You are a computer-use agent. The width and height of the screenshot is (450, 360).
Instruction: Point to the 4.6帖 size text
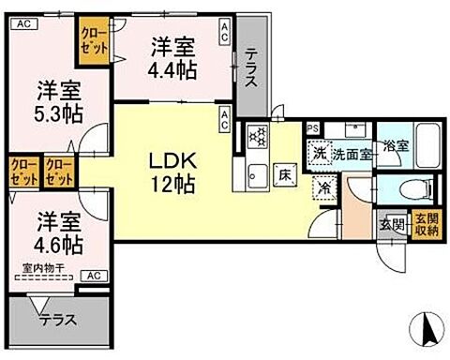[59, 247]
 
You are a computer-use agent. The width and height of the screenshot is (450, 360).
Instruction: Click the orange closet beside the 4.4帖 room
[92, 42]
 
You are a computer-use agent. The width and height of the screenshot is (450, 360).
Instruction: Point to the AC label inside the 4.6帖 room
[95, 276]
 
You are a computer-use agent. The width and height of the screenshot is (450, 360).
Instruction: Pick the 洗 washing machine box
[319, 153]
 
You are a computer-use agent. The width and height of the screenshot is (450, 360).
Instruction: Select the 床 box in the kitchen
[283, 173]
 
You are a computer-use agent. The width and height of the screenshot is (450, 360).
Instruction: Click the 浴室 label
[394, 147]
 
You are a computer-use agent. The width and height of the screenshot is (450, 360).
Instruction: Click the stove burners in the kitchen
[255, 137]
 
